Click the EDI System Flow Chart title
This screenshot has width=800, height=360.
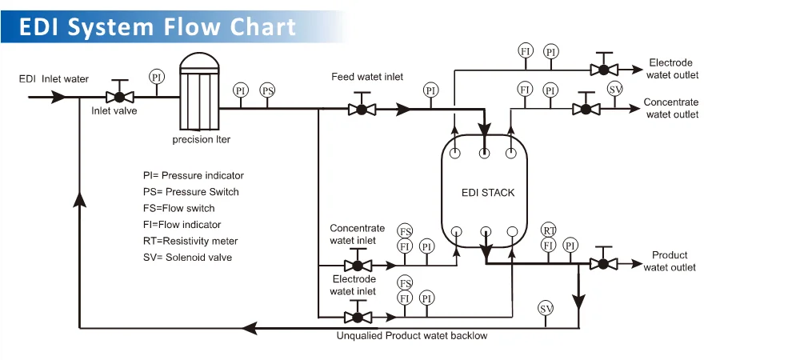coord(158,27)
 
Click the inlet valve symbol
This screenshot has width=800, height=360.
coord(120,96)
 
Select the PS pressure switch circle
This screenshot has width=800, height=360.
coord(268,90)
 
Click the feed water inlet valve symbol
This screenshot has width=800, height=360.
coord(362,109)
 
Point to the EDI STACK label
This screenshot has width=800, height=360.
coord(488,193)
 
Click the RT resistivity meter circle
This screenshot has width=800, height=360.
coord(549,230)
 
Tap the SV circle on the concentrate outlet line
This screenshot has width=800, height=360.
coord(614,88)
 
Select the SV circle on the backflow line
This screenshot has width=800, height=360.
coord(546,308)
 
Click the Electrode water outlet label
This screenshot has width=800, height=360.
coord(672,69)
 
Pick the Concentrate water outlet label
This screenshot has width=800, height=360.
coord(670,108)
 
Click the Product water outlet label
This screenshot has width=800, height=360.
coord(670,262)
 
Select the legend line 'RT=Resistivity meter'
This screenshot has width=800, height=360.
coord(190,241)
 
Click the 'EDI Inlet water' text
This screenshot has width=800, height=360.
coord(54,78)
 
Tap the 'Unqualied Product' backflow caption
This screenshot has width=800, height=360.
coord(412,336)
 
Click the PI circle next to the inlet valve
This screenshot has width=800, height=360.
coord(156,77)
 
